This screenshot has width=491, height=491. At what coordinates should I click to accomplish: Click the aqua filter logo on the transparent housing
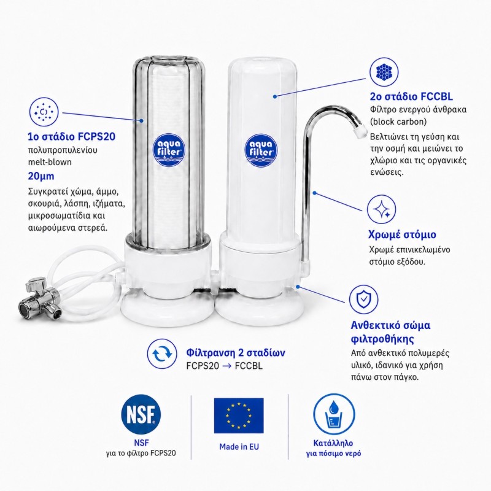[x=168, y=150]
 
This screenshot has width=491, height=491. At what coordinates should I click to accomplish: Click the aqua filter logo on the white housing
[x=260, y=150]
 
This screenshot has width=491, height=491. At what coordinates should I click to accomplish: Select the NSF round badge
[x=141, y=414]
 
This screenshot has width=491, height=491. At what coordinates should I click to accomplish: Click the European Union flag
[x=239, y=416]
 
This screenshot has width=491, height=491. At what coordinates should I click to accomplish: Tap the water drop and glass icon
[x=334, y=415]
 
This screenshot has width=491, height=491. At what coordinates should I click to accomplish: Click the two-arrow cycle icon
[x=162, y=354]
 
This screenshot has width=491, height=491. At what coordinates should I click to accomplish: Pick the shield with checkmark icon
[x=363, y=300]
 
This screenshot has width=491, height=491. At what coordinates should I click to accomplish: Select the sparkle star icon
[x=381, y=209]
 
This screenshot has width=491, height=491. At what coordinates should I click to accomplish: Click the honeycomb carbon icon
[x=384, y=72]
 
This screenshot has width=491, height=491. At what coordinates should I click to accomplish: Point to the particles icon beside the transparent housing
[x=44, y=112]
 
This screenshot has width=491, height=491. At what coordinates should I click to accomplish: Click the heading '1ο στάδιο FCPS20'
[x=72, y=136]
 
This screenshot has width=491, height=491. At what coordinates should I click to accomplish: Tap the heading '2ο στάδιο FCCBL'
[x=411, y=96]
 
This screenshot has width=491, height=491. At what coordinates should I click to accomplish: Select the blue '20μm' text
[x=41, y=176]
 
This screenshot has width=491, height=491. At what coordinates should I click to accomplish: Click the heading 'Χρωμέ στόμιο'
[x=402, y=234]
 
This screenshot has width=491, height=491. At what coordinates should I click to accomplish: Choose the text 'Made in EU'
[x=239, y=447]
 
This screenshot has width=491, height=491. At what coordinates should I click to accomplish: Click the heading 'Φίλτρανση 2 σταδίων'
[x=236, y=352]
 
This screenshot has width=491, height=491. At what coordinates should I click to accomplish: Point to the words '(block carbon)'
[x=398, y=122]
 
